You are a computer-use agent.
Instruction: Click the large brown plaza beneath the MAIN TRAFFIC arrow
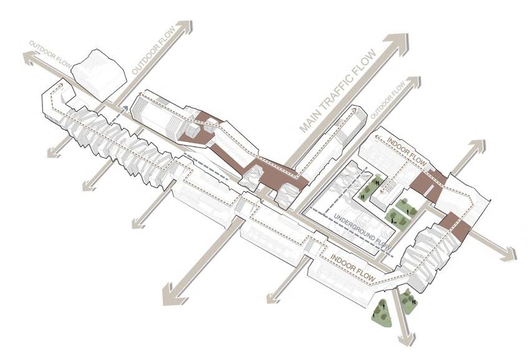pyautogui.click(x=274, y=174)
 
